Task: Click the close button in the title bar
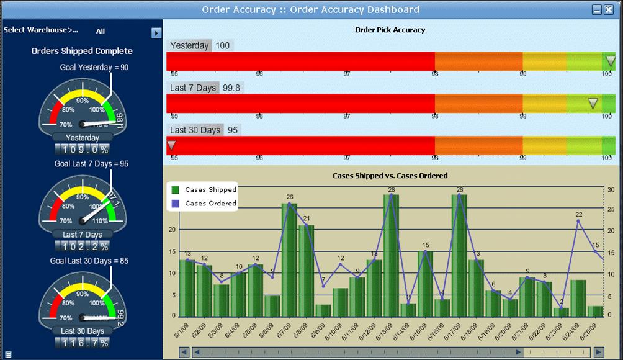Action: pyautogui.click(x=608, y=9)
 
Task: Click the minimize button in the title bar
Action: pyautogui.click(x=597, y=9)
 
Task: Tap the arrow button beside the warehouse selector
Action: pyautogui.click(x=156, y=32)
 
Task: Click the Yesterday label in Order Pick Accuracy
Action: pyautogui.click(x=189, y=45)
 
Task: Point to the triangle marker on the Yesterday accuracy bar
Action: pyautogui.click(x=611, y=61)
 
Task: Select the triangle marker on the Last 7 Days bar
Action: pyautogui.click(x=593, y=103)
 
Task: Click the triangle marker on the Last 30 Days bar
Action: pyautogui.click(x=171, y=145)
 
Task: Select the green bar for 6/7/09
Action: pyautogui.click(x=289, y=259)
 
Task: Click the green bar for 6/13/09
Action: pyautogui.click(x=391, y=254)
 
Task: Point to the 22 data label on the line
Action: pyautogui.click(x=578, y=214)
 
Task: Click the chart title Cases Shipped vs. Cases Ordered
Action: pyautogui.click(x=390, y=176)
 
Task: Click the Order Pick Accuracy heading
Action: pyautogui.click(x=390, y=30)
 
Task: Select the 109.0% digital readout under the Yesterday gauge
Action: pyautogui.click(x=82, y=150)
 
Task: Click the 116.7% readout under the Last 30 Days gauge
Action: pyautogui.click(x=82, y=343)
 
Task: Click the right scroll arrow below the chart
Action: pyautogui.click(x=598, y=352)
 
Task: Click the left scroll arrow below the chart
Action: pyautogui.click(x=184, y=352)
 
